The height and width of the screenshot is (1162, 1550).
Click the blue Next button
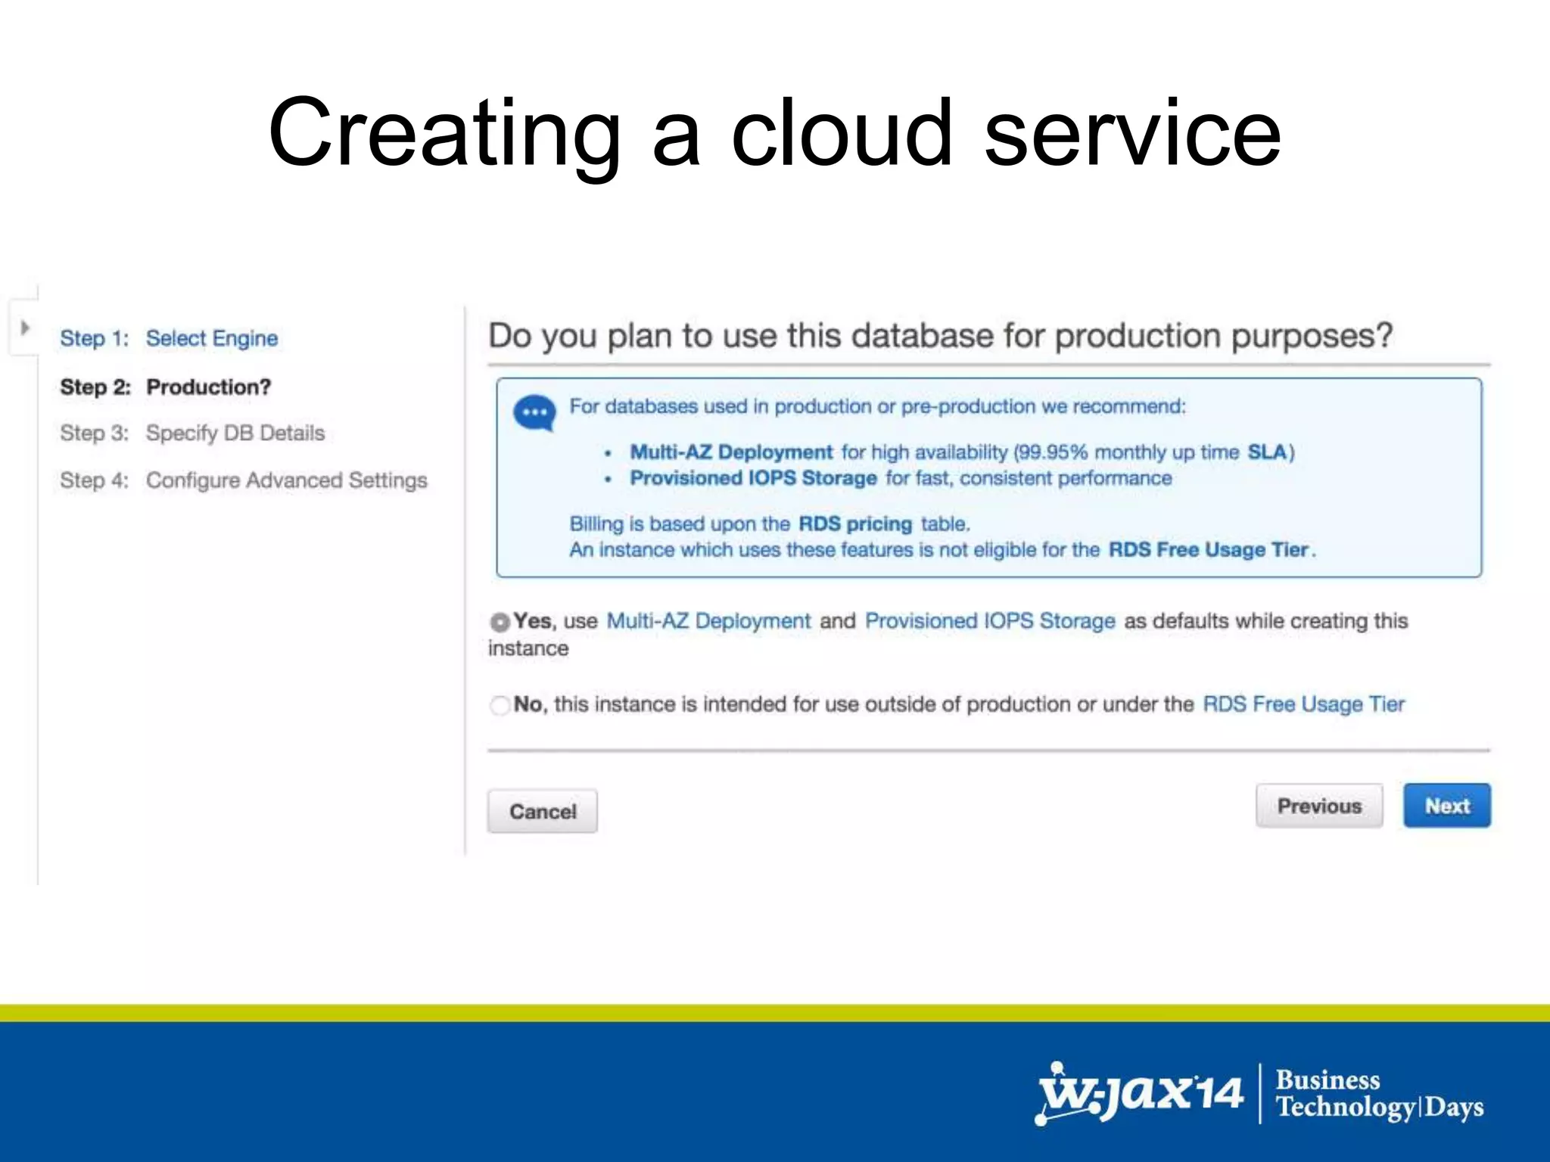pos(1446,806)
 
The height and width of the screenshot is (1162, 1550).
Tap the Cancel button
pos(542,811)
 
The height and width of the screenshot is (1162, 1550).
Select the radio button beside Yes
pos(500,622)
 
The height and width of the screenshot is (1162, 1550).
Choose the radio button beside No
pos(500,705)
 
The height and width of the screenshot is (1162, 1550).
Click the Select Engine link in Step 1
pos(212,338)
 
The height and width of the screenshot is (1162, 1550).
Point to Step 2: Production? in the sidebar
pos(165,387)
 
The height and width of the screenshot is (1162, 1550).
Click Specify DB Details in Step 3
pos(235,433)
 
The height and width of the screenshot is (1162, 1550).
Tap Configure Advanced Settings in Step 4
pos(286,480)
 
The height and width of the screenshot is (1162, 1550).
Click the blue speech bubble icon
pos(534,413)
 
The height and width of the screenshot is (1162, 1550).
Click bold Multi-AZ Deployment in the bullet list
pos(731,452)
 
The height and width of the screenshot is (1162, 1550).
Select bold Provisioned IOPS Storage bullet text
pos(753,478)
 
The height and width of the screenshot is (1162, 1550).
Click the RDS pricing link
pos(855,524)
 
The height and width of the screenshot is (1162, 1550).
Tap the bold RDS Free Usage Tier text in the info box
pos(1209,549)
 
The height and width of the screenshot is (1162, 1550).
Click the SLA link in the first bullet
pos(1267,452)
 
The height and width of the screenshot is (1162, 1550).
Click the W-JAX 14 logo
pos(1139,1094)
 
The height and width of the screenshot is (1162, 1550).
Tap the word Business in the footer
pos(1327,1080)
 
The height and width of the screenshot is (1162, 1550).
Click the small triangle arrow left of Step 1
pos(25,328)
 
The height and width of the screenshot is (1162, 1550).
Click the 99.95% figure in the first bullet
pos(1054,452)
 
